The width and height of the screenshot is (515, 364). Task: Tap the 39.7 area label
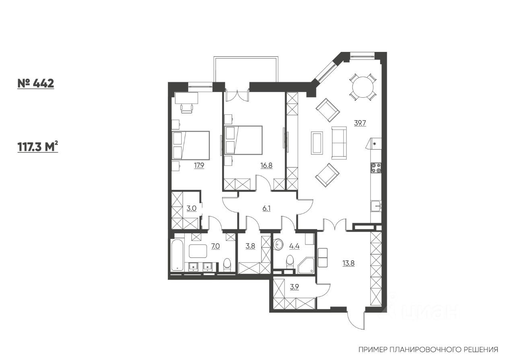pos(359,123)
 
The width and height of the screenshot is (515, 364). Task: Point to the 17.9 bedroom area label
pos(200,165)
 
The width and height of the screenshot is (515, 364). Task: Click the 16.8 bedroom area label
pos(266,165)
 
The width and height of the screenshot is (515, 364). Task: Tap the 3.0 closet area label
pos(191,208)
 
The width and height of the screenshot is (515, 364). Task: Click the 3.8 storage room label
pos(250,246)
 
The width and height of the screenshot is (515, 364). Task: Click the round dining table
pos(363,86)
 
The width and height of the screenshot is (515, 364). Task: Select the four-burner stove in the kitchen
pos(376,167)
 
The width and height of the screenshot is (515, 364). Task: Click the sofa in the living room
pos(339,143)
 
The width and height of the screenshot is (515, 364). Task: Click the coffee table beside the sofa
pos(317,143)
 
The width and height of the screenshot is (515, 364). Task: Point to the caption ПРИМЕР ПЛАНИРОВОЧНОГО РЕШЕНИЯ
pos(428,350)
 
